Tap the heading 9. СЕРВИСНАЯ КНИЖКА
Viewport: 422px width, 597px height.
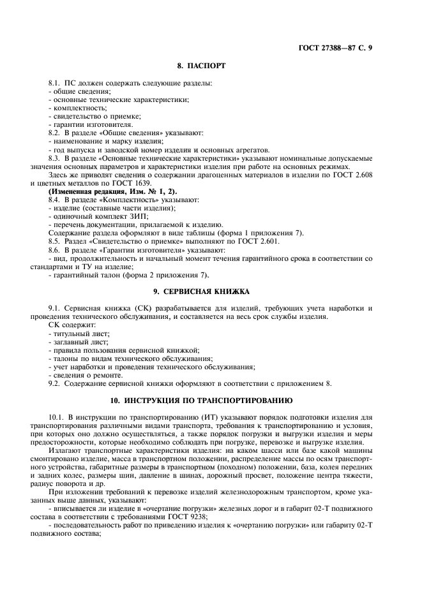[201, 291]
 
